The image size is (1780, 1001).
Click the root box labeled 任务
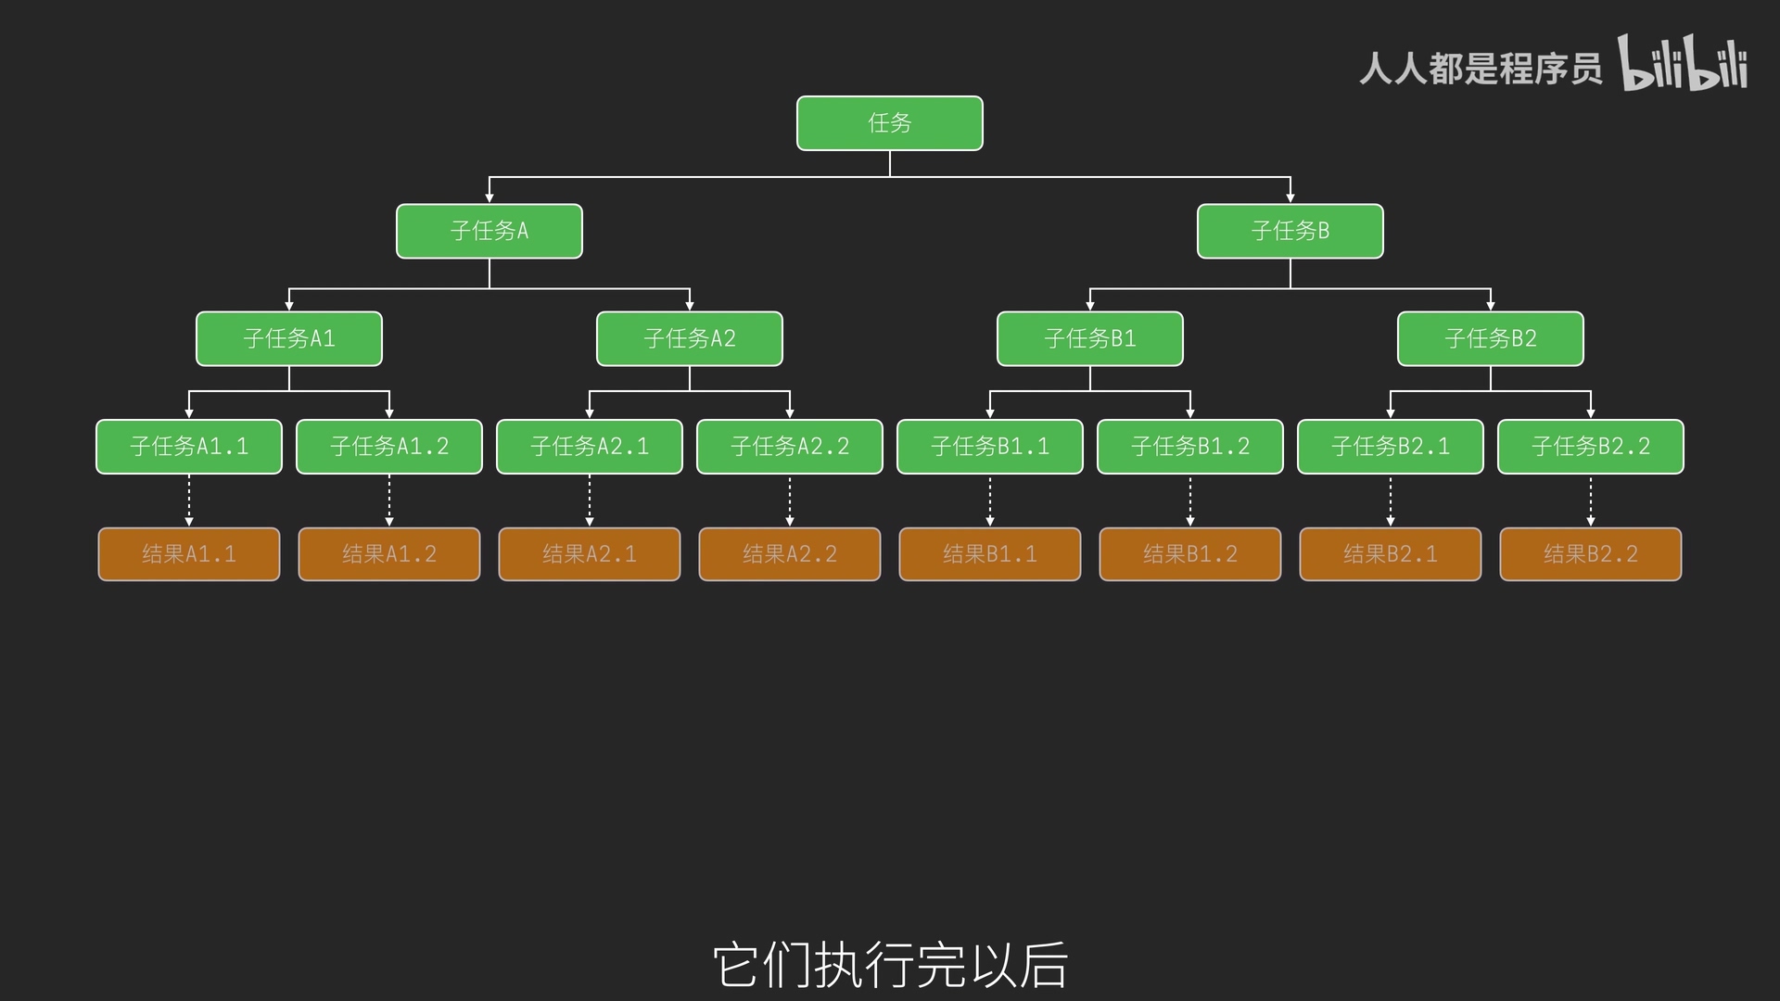click(x=889, y=123)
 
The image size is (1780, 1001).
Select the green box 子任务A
click(x=489, y=231)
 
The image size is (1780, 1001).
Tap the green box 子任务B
click(x=1290, y=231)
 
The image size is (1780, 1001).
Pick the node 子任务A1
click(x=288, y=338)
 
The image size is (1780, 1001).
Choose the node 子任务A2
click(x=689, y=338)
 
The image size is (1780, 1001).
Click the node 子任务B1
click(x=1089, y=338)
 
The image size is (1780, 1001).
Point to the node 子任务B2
click(x=1490, y=338)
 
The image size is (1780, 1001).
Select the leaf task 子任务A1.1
click(x=189, y=447)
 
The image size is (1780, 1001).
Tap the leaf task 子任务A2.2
click(x=789, y=447)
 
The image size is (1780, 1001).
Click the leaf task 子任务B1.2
click(x=1189, y=447)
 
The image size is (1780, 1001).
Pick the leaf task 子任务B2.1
click(x=1390, y=447)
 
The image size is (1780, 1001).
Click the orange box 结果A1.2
click(x=389, y=554)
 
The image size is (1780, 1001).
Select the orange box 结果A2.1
click(x=590, y=554)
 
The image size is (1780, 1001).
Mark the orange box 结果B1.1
click(x=989, y=554)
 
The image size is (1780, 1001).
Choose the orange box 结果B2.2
click(x=1590, y=554)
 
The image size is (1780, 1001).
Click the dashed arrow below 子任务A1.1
click(x=189, y=500)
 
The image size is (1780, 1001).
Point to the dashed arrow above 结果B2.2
click(x=1591, y=500)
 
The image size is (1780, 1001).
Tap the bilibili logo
click(x=1683, y=63)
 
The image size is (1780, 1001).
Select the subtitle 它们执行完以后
click(x=890, y=965)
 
